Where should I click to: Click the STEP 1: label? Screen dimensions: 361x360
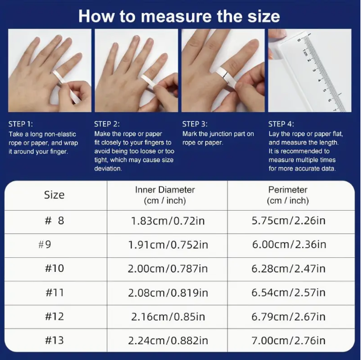pos(20,124)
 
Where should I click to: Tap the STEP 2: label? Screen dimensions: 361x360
pos(107,124)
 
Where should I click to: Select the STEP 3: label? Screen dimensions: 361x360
pos(195,124)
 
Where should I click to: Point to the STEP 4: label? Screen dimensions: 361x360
pos(281,124)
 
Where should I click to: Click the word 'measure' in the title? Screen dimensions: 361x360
pos(176,16)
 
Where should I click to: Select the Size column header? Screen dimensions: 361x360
pos(54,195)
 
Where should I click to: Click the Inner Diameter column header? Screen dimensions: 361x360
pos(165,195)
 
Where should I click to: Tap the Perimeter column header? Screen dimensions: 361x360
pos(288,195)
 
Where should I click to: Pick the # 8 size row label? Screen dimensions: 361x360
pos(54,221)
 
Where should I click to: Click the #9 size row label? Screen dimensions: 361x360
pos(45,244)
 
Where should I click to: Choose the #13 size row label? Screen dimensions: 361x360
pos(55,340)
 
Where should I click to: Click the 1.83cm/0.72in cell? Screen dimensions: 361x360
pos(168,221)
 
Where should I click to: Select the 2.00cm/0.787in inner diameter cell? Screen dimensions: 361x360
pos(168,269)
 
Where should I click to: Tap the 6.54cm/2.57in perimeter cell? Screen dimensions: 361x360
pos(289,292)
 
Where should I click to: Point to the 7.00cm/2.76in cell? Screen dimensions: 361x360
pos(289,341)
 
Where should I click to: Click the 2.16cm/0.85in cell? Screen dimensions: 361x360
pos(168,317)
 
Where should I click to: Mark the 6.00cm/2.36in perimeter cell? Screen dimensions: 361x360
pos(289,244)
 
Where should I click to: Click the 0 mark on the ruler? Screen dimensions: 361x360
pos(299,40)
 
